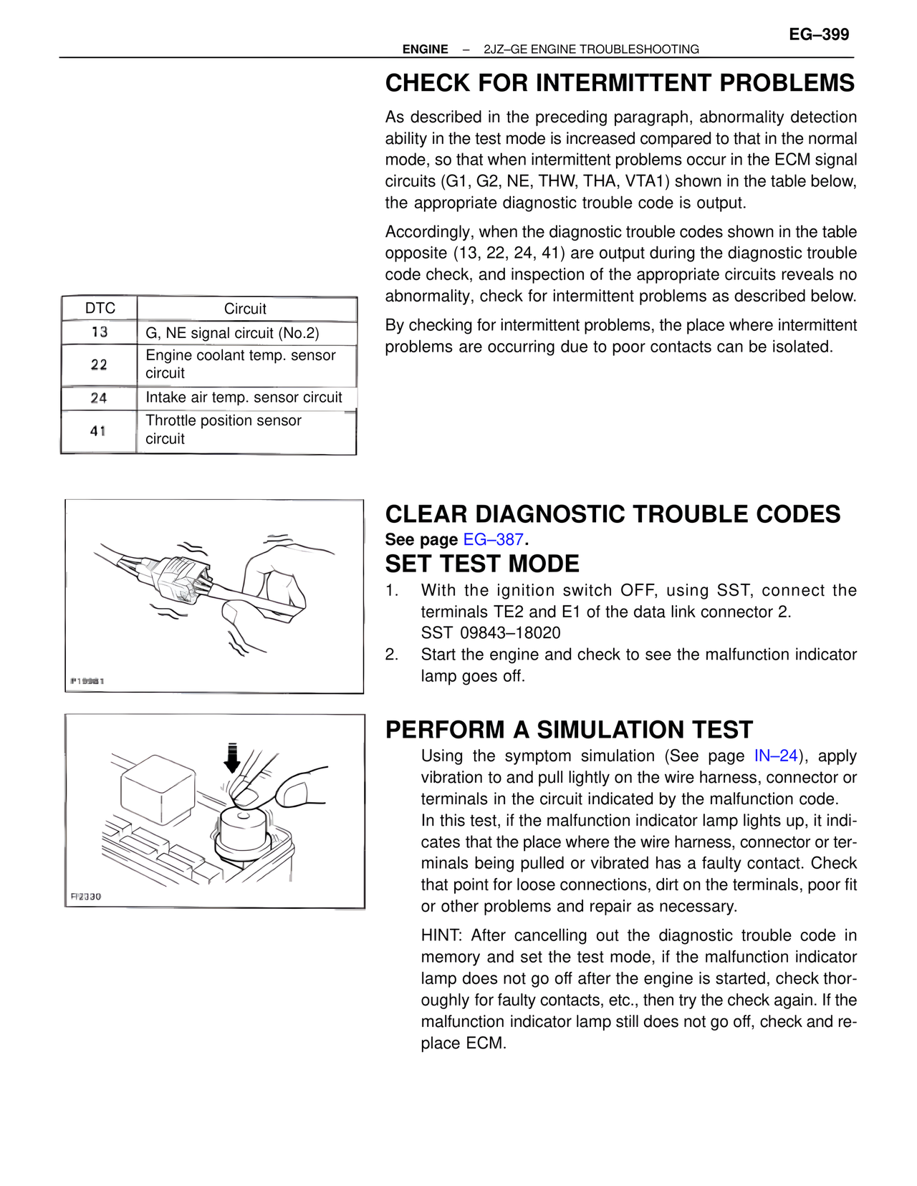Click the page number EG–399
(819, 34)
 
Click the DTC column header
(100, 309)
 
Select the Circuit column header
(245, 309)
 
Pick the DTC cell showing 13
(100, 332)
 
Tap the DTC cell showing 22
(99, 365)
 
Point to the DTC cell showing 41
(98, 431)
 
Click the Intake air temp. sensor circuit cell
(244, 397)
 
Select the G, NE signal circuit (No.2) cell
(232, 333)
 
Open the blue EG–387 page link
(494, 539)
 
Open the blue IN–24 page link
(776, 756)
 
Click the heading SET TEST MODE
(482, 564)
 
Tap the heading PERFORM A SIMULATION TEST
(569, 730)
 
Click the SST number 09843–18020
(510, 633)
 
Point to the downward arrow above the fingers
(231, 758)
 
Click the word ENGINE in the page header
(425, 49)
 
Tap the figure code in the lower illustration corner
(86, 897)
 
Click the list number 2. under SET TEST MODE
(391, 655)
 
